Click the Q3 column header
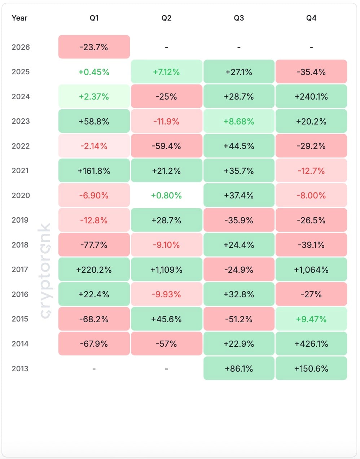pos(239,18)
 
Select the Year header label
pos(19,18)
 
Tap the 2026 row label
pos(21,47)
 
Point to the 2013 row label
pos(20,369)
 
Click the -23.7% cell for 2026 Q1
pos(94,47)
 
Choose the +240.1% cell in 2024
pos(311,96)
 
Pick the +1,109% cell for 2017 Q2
pos(166,270)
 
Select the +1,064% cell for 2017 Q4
pos(311,270)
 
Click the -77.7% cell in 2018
pos(94,245)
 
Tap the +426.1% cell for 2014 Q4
pos(311,344)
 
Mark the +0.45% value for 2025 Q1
pos(94,72)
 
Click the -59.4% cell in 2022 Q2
pos(166,146)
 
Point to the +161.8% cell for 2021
pos(94,171)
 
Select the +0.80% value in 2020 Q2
pos(166,196)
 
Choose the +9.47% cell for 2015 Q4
pos(311,319)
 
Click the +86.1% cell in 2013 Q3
pos(239,368)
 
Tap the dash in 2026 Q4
pos(311,47)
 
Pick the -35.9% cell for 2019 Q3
pos(239,220)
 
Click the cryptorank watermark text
pos(45,271)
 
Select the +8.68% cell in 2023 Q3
pos(239,121)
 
